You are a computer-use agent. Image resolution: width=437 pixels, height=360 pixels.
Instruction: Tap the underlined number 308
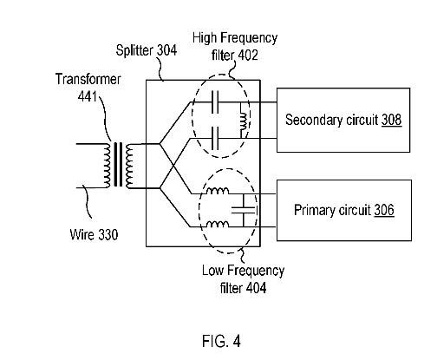coord(392,120)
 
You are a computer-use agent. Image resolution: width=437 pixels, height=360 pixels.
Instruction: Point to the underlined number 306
coord(384,210)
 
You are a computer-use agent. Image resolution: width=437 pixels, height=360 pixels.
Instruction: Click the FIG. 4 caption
coord(221,341)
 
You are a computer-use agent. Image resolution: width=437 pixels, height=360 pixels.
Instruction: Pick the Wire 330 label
coord(94,234)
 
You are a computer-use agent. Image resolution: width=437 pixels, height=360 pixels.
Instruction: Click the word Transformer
coord(88,79)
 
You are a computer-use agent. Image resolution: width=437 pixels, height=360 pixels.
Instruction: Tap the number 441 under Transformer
coord(88,96)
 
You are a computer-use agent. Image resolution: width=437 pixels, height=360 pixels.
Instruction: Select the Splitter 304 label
coord(147,50)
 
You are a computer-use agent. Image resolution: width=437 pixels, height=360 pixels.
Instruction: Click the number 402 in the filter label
coord(247,55)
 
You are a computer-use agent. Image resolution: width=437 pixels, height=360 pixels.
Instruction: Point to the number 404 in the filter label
coord(256,288)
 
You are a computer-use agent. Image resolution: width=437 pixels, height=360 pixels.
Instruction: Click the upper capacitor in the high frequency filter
coord(215,102)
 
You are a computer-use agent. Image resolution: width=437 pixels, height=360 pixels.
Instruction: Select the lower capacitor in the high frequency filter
coord(215,138)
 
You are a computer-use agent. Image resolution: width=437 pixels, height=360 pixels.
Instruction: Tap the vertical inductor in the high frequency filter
coord(244,121)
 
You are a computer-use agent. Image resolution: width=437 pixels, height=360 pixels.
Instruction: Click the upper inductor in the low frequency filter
coord(218,191)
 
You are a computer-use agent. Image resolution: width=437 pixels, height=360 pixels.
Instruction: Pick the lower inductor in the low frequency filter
coord(218,224)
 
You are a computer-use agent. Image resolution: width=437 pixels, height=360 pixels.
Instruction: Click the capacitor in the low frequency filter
coord(244,210)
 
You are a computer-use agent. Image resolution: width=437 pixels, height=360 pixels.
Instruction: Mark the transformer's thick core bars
coord(118,164)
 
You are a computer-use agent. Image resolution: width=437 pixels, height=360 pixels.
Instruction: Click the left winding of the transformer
coord(107,166)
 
